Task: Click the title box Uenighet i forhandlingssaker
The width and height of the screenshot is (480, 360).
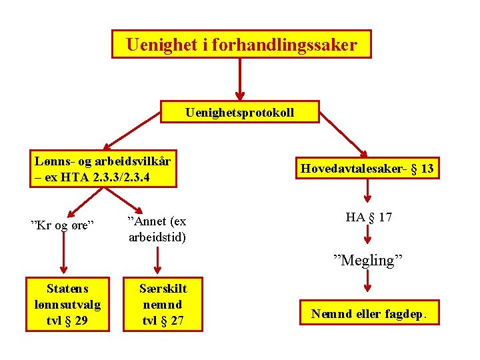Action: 241,45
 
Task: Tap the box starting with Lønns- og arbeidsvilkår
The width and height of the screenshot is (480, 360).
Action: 104,169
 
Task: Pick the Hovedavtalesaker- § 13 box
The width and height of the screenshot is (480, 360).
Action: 367,169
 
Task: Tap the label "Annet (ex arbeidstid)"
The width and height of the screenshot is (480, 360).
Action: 157,229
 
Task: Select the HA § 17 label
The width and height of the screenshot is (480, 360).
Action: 369,217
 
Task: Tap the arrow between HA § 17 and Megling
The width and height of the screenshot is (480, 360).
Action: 368,237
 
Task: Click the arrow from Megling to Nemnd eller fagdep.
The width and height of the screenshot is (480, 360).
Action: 368,282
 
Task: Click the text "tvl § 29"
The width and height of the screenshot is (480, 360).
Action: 67,321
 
